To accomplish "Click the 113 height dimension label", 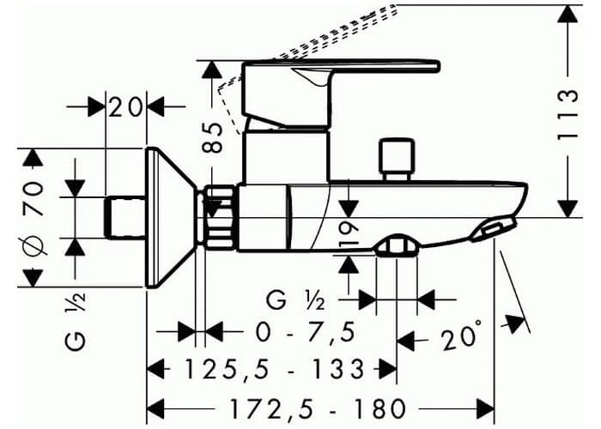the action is (x=568, y=115).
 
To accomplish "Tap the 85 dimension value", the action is (x=213, y=138).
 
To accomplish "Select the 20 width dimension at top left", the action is (x=125, y=107).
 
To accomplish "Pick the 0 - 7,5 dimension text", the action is (x=306, y=332).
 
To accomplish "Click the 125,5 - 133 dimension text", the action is (x=275, y=369).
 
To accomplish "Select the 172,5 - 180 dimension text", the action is (x=318, y=408).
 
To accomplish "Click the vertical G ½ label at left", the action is (x=76, y=322).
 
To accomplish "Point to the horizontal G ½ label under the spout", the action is (x=295, y=300).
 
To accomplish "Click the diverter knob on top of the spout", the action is (x=397, y=160).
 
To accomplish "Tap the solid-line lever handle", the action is (x=341, y=93).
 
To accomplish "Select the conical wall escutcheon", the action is (x=172, y=217).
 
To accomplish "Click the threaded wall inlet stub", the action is (x=125, y=218).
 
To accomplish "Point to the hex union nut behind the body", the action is (x=220, y=216).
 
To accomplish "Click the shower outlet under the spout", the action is (x=397, y=245).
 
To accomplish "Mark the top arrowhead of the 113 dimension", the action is (x=568, y=15).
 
